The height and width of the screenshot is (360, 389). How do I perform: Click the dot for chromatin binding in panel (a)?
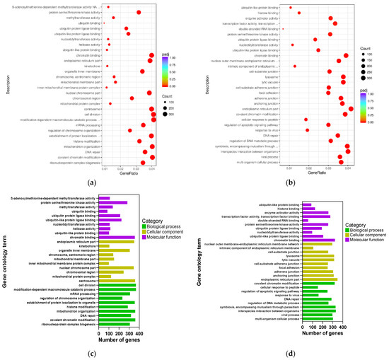151,55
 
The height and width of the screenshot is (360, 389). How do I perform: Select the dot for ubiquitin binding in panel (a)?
104,23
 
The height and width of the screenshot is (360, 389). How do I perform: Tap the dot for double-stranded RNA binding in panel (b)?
283,29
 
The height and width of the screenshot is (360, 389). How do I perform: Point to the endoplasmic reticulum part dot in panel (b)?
352,108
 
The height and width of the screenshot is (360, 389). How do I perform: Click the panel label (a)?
90,182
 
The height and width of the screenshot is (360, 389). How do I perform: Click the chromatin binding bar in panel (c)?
116,238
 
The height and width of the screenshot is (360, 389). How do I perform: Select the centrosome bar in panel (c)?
116,280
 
